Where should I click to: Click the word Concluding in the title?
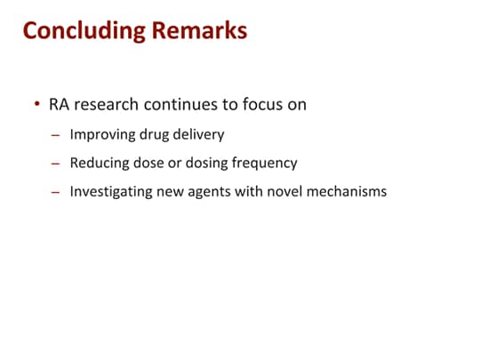(84, 31)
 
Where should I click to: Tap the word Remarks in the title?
(199, 30)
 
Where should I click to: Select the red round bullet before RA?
(37, 104)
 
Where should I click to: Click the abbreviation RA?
(59, 104)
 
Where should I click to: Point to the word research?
(107, 104)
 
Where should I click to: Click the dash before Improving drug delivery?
(55, 135)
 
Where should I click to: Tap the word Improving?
(102, 135)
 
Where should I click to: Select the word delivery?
(199, 135)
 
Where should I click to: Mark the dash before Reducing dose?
(55, 164)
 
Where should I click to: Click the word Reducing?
(100, 164)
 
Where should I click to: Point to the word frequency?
(264, 164)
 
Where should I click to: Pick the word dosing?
(206, 164)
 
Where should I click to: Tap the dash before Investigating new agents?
(55, 192)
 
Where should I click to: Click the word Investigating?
(111, 192)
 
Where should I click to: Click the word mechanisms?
(347, 192)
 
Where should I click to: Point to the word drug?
(154, 135)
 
